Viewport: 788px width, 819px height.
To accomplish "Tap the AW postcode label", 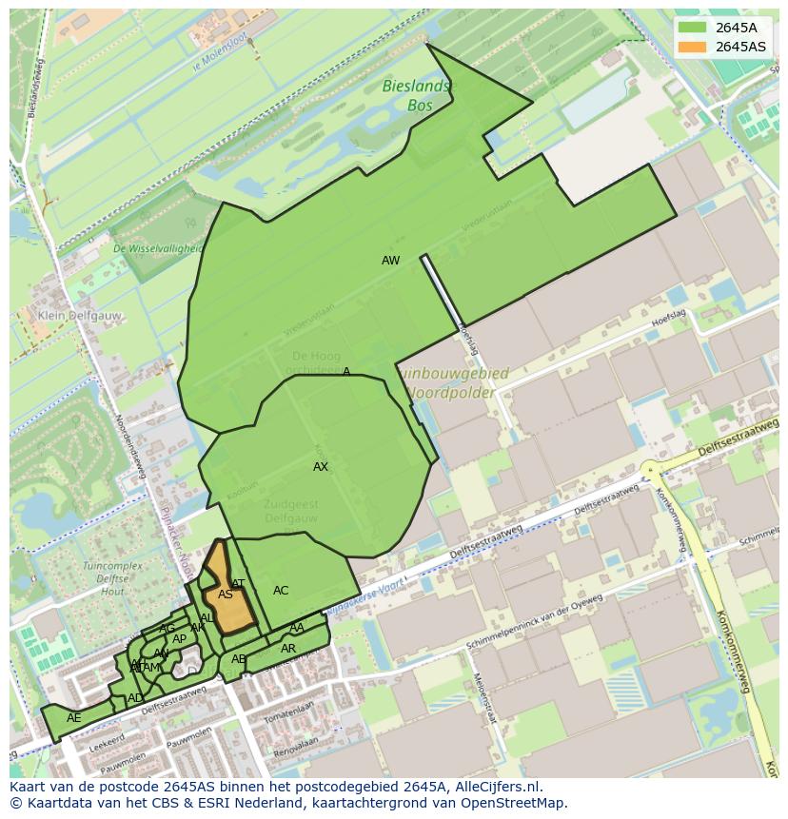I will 390,261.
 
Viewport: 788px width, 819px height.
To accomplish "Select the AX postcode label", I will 321,467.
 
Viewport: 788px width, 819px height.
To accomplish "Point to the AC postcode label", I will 281,591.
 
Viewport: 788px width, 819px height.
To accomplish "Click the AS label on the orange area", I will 226,595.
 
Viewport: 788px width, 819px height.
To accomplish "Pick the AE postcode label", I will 73,718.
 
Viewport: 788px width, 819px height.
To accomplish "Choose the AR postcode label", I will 288,649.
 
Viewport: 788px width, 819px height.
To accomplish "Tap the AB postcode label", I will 239,659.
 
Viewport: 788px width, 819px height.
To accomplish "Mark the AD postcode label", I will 135,698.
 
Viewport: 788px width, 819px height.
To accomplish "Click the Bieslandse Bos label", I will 418,96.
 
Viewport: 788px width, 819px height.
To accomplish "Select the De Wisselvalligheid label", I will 157,249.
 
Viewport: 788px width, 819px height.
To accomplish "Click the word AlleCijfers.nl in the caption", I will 499,788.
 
